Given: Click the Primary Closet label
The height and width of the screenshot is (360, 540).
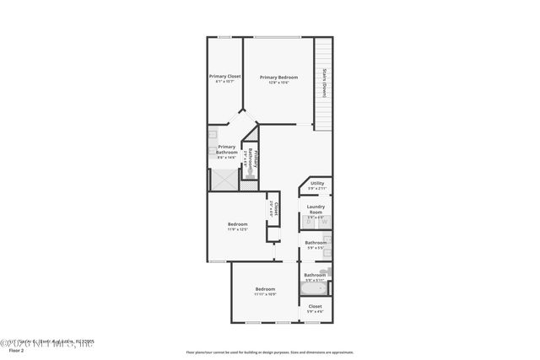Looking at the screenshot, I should point(224,76).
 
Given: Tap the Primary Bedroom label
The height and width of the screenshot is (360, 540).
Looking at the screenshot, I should point(278,76).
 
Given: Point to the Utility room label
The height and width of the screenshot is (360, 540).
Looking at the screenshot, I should point(316,183).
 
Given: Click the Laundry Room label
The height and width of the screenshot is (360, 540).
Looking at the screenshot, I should point(316,208).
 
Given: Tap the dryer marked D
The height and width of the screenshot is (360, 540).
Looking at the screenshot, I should point(309,222).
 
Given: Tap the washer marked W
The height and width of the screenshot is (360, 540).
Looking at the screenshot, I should point(323,222).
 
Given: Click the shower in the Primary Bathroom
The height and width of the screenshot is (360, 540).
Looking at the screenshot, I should point(224,180).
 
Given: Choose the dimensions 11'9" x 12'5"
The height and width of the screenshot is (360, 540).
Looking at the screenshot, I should point(237,229).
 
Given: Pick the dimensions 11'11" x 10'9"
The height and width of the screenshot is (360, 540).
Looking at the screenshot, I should point(266,294).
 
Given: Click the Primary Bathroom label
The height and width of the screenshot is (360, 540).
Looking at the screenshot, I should point(227,149).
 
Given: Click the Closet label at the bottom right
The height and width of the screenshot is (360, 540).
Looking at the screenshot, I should point(315,306).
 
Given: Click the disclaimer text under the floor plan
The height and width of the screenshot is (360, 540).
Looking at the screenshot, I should point(269,352).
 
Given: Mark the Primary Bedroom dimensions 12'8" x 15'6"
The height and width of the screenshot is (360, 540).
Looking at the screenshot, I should point(278,82).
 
